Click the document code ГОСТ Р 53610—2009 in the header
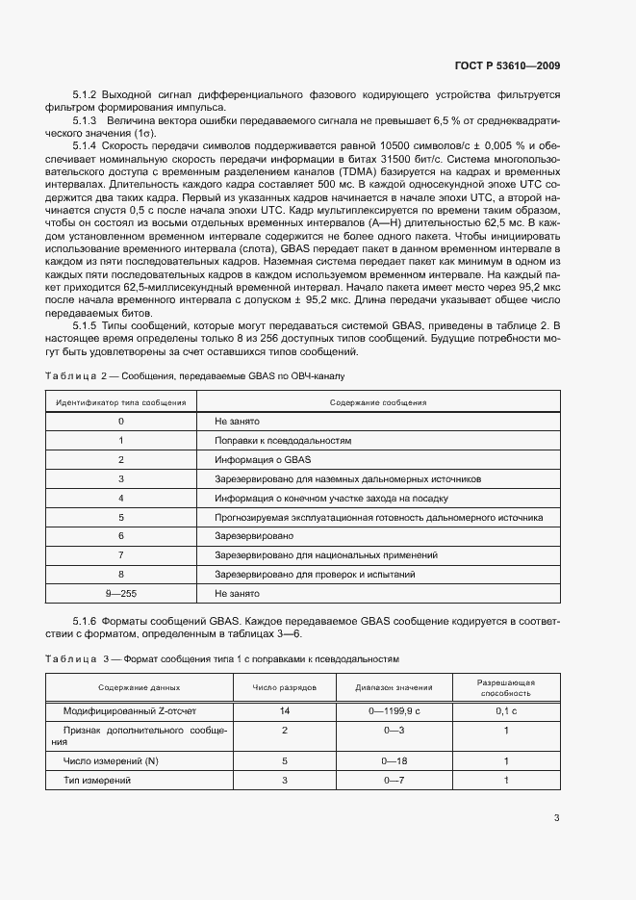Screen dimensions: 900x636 pyautogui.click(x=506, y=65)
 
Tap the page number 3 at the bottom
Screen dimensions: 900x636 pyautogui.click(x=556, y=818)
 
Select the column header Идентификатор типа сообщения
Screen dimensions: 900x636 pyautogui.click(x=120, y=402)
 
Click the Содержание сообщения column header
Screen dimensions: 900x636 pyautogui.click(x=378, y=402)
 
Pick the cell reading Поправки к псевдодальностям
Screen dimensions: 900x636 pyautogui.click(x=283, y=440)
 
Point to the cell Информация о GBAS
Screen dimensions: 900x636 pyautogui.click(x=258, y=459)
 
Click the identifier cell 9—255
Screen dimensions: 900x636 pyautogui.click(x=120, y=593)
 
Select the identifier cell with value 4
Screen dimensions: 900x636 pyautogui.click(x=120, y=498)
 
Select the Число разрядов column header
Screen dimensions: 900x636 pyautogui.click(x=285, y=687)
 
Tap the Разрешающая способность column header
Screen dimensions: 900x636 pyautogui.click(x=506, y=687)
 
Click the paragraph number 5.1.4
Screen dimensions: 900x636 pyautogui.click(x=89, y=144)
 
